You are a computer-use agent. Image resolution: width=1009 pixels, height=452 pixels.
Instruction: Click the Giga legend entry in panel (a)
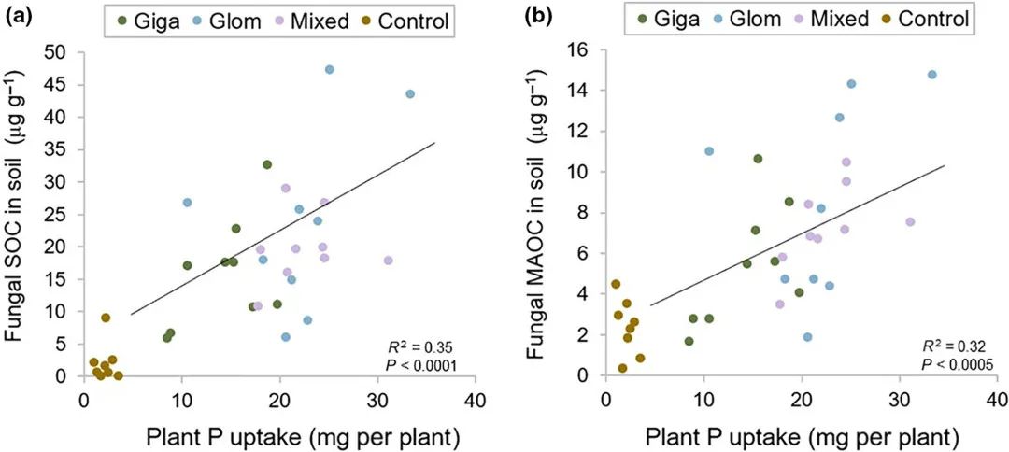(144, 21)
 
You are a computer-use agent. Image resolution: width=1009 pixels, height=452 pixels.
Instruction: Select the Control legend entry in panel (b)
(924, 21)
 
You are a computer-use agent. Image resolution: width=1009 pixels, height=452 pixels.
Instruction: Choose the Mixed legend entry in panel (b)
(826, 21)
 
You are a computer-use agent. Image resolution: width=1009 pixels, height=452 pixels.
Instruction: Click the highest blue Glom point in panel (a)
(330, 69)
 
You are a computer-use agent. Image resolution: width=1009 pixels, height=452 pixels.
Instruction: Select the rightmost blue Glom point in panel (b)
(931, 75)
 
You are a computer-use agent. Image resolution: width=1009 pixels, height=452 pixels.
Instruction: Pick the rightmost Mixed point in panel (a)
(388, 261)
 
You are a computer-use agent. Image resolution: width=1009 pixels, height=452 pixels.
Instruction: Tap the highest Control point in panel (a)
(106, 318)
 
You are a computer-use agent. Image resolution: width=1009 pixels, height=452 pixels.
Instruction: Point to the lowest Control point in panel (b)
(622, 368)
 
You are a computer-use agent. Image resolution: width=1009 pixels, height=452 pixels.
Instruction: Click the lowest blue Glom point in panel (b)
(807, 337)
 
